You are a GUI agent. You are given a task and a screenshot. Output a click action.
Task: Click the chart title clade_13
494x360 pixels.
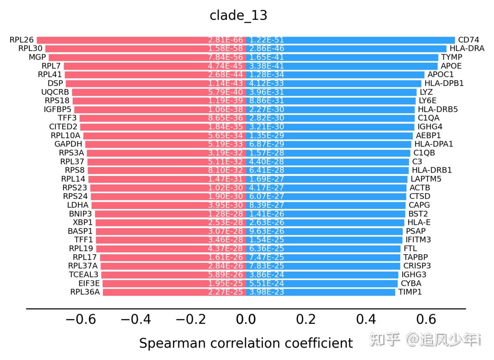238,15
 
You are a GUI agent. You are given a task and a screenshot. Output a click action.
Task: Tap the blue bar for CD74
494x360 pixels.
370,40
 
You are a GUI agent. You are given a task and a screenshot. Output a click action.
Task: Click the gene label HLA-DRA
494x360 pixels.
467,49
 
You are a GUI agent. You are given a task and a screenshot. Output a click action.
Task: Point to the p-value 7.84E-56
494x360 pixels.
226,57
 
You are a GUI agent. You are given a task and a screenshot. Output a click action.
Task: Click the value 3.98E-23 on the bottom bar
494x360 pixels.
266,292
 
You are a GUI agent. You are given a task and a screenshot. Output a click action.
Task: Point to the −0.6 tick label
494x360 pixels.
81,319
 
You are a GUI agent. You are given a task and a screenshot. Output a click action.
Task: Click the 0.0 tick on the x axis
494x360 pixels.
246,319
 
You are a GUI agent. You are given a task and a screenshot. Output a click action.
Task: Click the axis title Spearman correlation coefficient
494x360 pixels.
246,343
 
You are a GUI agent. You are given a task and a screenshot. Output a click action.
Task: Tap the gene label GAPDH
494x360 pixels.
68,144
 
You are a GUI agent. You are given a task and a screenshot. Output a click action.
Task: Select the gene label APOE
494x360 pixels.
451,66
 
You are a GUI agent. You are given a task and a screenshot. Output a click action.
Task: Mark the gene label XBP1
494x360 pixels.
82,222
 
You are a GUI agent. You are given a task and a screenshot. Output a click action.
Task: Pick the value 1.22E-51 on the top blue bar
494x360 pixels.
266,40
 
